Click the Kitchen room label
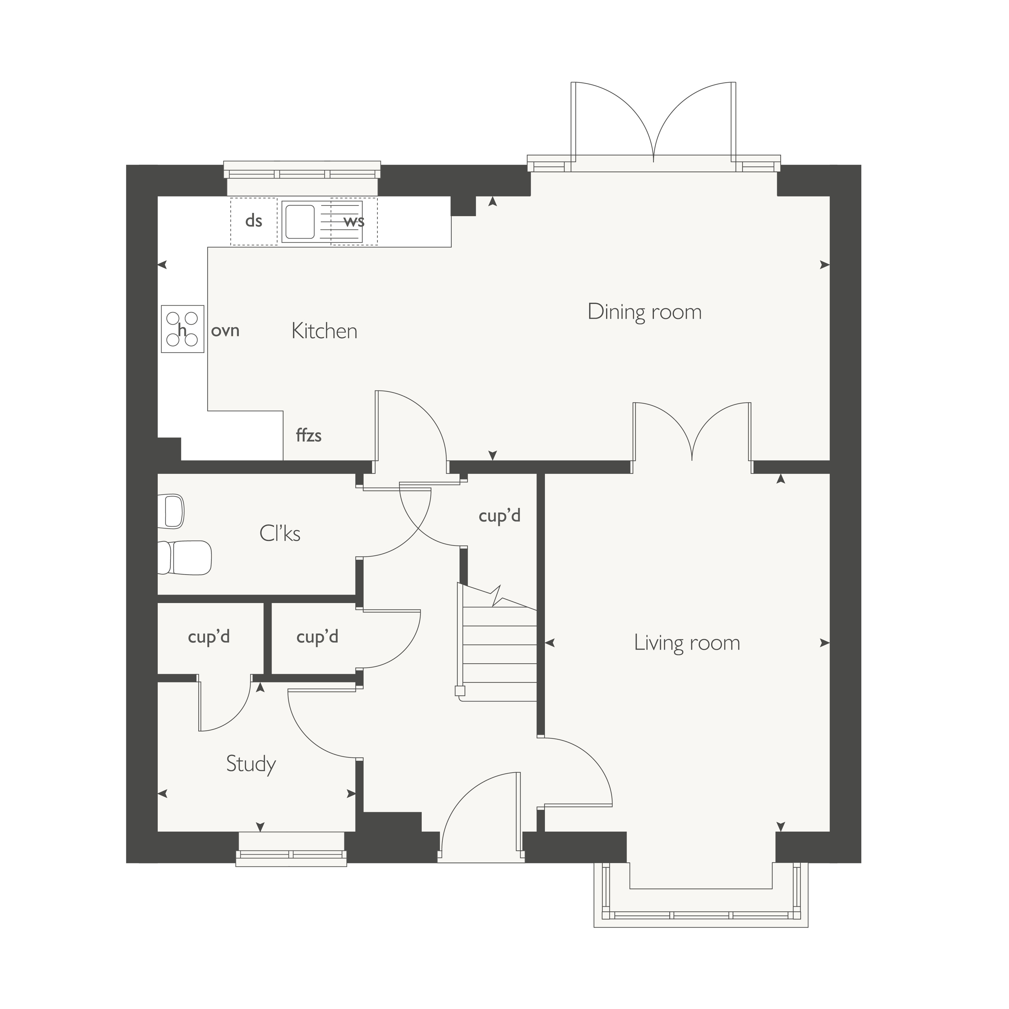324,331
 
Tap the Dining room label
645,312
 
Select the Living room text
687,642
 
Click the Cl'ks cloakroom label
280,533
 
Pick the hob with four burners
182,329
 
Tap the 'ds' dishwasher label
253,221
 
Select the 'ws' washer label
354,221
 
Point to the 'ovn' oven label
225,331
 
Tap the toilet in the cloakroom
185,558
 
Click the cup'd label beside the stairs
500,516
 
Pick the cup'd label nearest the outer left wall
209,637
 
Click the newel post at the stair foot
460,691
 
